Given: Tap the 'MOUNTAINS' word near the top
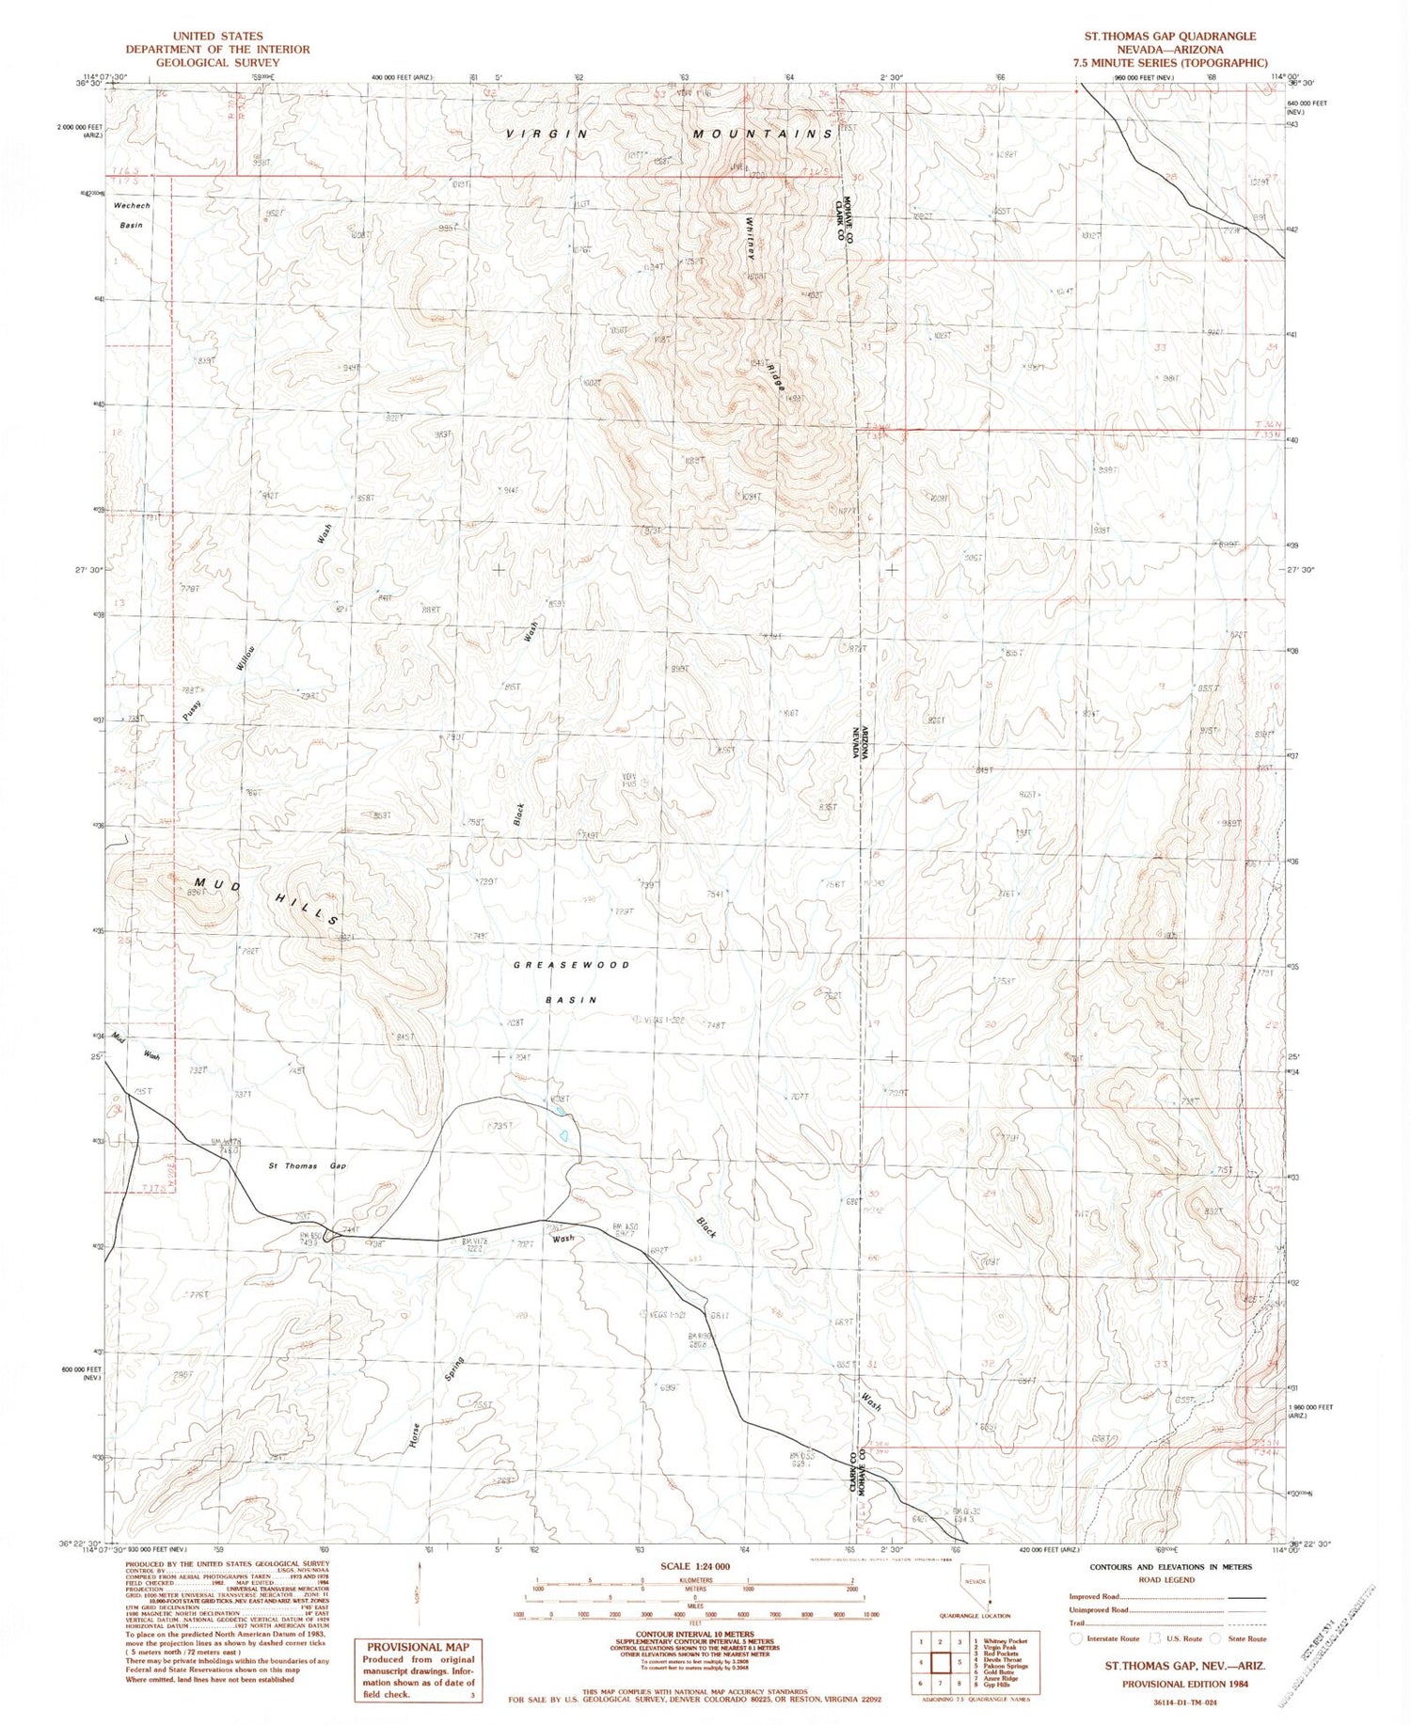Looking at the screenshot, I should pos(762,134).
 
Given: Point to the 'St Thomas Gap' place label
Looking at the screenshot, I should pos(307,1166).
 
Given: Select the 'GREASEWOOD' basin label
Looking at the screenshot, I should pos(572,965).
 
